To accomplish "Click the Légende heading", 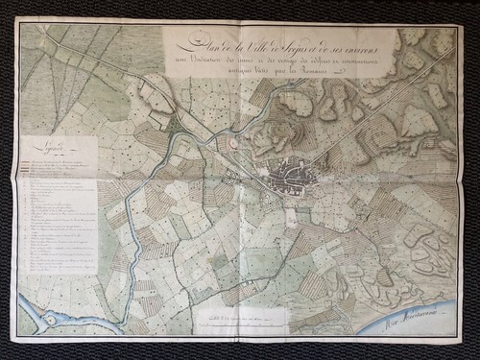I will coord(44,151).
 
